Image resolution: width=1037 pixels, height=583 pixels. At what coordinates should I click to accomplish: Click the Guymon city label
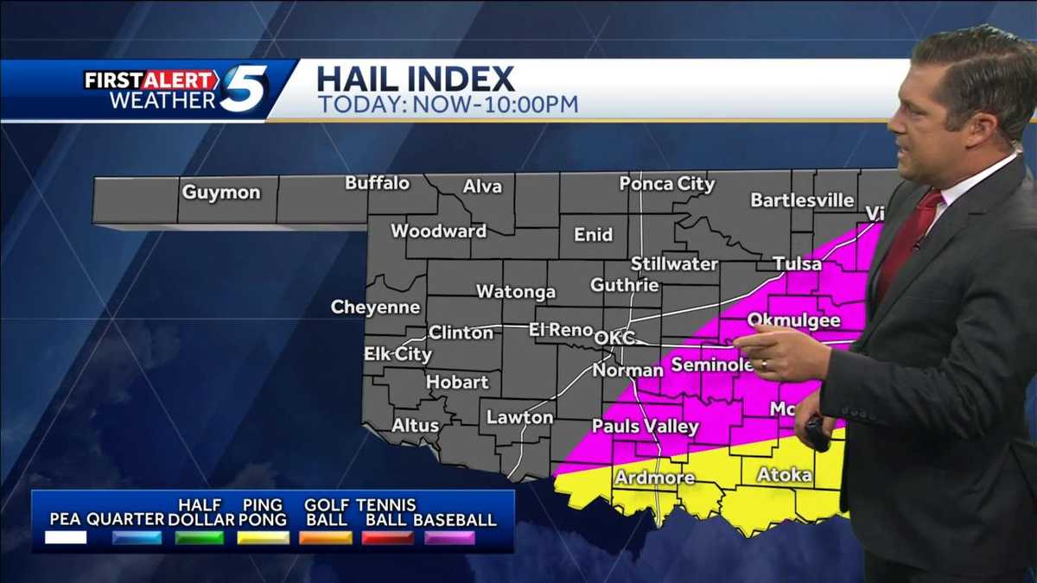[x=220, y=193]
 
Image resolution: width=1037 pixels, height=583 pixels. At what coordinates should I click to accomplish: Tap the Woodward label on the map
[x=438, y=231]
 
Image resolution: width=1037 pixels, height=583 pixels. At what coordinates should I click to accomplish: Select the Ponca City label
[x=666, y=184]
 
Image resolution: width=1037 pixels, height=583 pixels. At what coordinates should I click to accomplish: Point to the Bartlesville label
[x=802, y=200]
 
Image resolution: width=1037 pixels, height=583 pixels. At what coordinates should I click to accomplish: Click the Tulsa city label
[x=797, y=263]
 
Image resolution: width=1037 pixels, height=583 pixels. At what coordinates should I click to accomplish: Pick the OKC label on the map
[x=614, y=338]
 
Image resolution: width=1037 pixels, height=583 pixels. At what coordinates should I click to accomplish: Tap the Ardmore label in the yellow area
[x=654, y=478]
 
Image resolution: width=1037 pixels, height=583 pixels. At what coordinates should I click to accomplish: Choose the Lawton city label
[x=519, y=417]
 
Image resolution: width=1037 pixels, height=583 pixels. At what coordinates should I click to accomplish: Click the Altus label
[x=416, y=425]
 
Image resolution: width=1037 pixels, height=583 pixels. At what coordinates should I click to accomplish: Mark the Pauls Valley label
[x=645, y=427]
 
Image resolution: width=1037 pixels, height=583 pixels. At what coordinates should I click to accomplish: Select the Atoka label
[x=784, y=475]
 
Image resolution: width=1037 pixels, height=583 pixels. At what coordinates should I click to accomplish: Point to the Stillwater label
[x=674, y=263]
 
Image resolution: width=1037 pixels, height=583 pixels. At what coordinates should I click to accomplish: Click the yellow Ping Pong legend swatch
[x=264, y=537]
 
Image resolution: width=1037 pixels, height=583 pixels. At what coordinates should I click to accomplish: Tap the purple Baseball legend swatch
[x=449, y=537]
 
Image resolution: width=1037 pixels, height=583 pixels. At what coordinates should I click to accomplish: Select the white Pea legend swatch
[x=66, y=537]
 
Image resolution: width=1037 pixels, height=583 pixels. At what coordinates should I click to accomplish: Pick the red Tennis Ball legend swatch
[x=387, y=537]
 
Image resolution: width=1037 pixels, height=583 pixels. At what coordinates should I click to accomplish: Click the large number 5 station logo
[x=243, y=89]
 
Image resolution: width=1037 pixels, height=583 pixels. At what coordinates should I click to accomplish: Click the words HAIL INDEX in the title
[x=416, y=79]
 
